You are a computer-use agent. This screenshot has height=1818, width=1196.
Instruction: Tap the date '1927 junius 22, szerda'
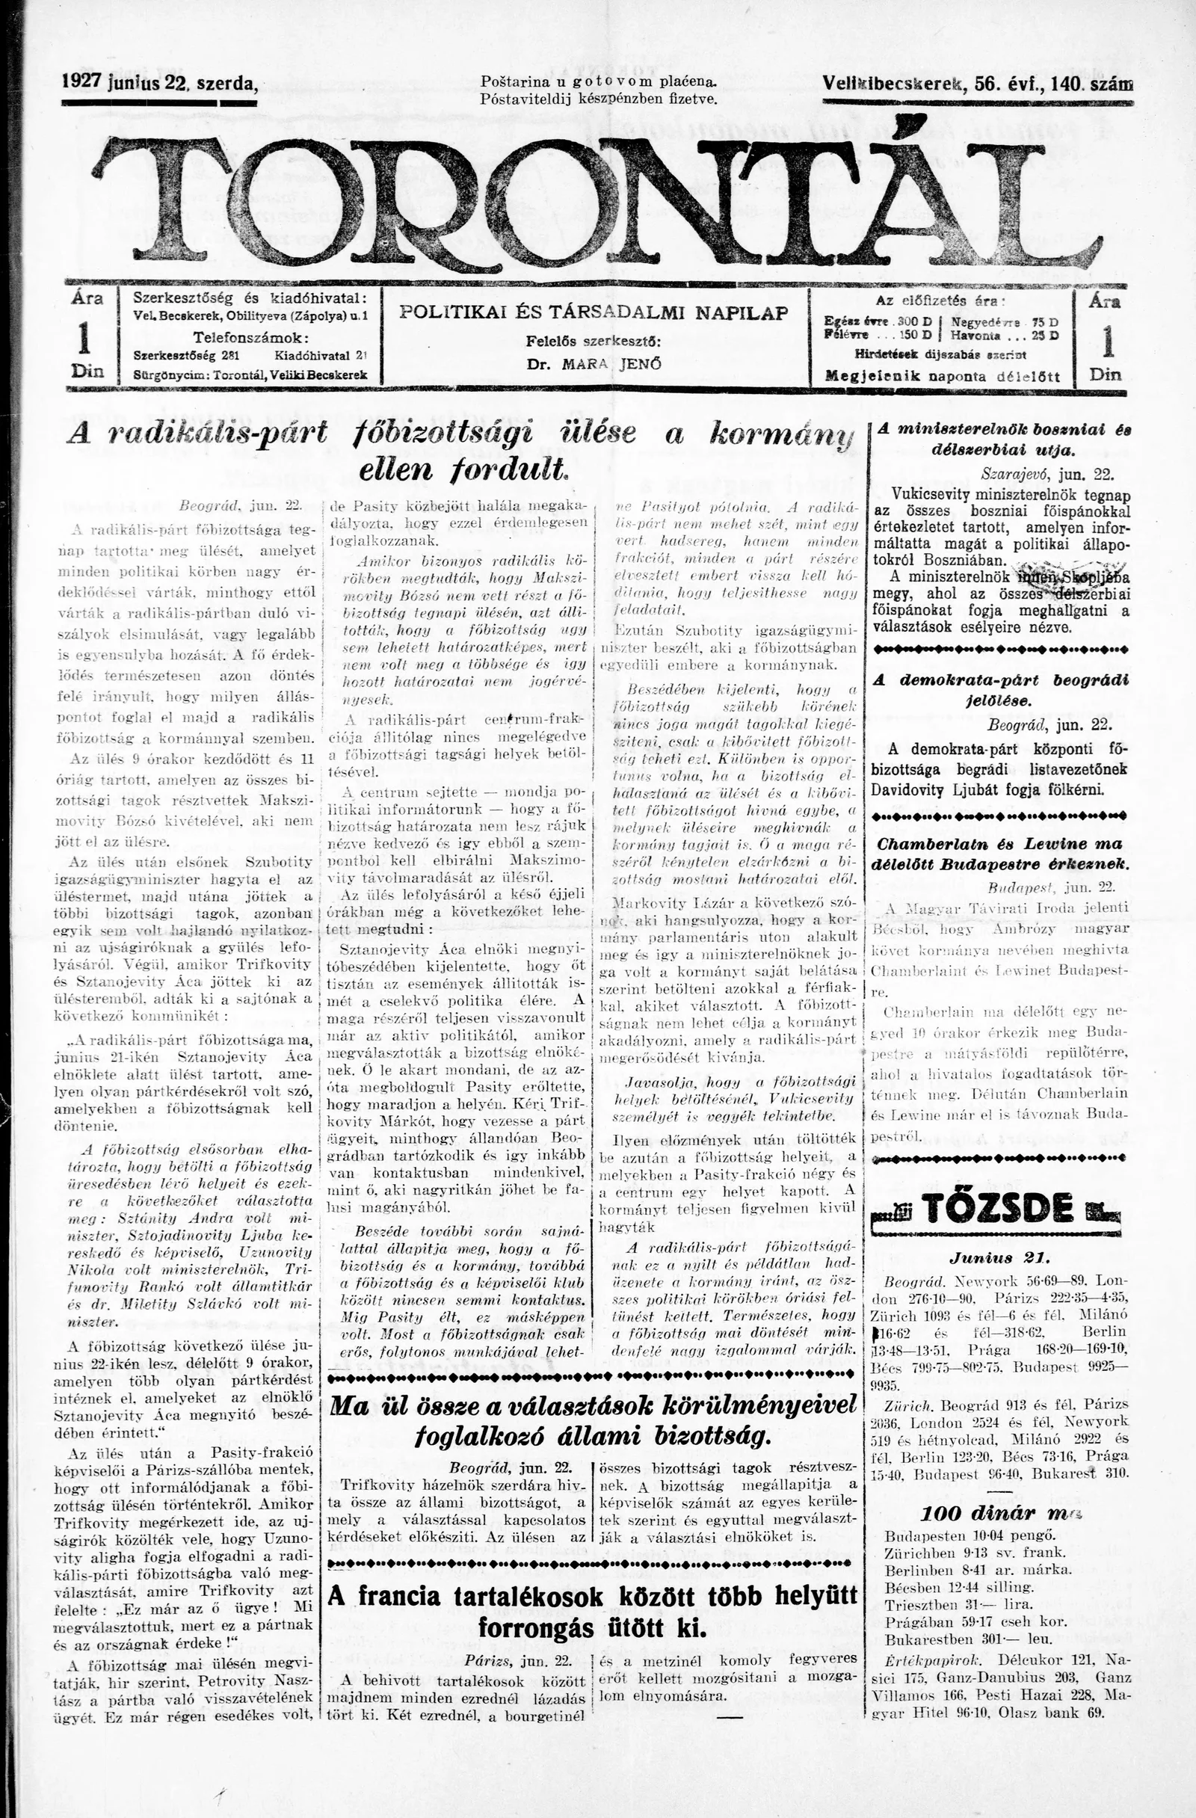(159, 83)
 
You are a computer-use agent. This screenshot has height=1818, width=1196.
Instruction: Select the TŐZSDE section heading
(996, 1209)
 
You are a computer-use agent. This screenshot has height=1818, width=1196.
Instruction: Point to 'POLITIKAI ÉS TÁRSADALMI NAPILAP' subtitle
(594, 312)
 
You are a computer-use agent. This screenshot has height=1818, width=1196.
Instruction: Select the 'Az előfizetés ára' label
(943, 301)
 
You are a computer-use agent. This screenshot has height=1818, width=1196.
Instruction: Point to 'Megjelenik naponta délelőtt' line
(943, 376)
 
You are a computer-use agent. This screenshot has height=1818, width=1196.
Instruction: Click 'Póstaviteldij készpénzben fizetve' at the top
(599, 99)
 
